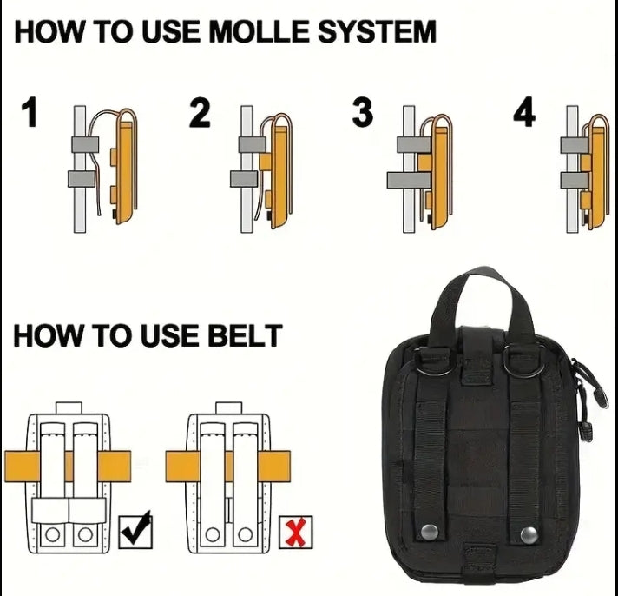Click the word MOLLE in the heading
coord(259,31)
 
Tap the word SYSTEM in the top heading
coord(377,31)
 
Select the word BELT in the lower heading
coord(245,335)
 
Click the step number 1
coord(30,112)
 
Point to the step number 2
coord(200,112)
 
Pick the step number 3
coord(362,112)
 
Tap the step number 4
coord(524,112)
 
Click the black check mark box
coord(135,531)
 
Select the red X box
coord(296,532)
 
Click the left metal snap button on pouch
coord(429,532)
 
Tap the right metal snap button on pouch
coord(529,534)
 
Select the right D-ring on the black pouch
coord(524,365)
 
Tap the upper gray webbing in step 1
coord(85,144)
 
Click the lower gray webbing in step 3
coord(408,180)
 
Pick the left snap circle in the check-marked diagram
coord(52,535)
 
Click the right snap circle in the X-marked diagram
coord(245,535)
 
